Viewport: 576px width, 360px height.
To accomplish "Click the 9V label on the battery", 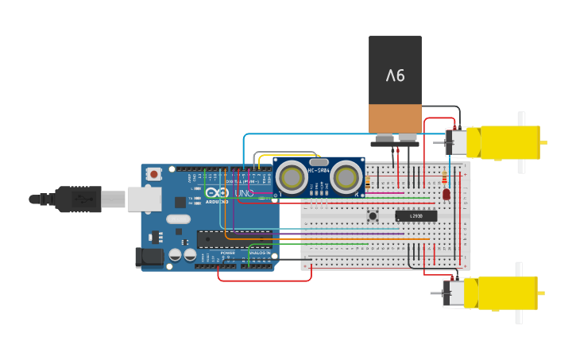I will coord(395,75).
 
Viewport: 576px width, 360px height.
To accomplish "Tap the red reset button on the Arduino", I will coord(154,173).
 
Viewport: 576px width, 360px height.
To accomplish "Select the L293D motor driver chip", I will coord(416,215).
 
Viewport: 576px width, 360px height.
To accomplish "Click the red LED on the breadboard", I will coord(446,194).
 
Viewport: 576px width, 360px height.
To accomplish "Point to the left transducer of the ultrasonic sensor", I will coord(292,177).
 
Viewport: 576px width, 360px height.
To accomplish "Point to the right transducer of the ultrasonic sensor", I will coord(346,177).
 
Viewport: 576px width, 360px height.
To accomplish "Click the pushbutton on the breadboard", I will coord(372,215).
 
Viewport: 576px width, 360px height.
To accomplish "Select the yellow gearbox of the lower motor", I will coord(507,292).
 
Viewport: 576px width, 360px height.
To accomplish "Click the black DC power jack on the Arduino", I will coord(149,257).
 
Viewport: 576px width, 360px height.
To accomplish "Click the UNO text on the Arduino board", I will coord(244,192).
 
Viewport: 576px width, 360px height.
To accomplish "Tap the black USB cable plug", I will coord(78,199).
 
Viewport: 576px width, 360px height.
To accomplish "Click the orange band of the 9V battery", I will coord(395,118).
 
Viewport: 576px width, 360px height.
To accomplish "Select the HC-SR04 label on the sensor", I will coord(319,169).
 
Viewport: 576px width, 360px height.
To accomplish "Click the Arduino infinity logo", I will coord(217,192).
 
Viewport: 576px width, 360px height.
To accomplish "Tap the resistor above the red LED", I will coord(443,177).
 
